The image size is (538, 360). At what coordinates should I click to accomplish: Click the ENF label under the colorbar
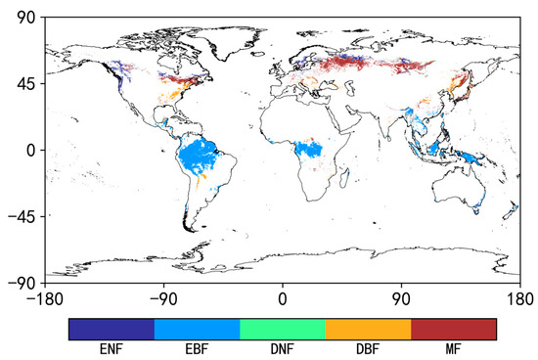pos(112,348)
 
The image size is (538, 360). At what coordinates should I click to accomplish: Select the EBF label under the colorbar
pos(197,348)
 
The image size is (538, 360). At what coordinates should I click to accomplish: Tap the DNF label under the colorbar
pos(283,348)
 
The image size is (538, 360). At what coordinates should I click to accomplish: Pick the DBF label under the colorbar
pos(368,348)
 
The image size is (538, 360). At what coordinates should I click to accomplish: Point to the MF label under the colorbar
pos(454,348)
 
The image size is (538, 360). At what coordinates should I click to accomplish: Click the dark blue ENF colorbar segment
pos(112,329)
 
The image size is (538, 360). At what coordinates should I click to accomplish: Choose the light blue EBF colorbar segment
pos(197,329)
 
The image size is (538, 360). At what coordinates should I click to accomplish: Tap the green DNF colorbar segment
pos(283,329)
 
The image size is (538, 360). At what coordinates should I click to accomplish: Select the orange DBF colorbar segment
pos(368,329)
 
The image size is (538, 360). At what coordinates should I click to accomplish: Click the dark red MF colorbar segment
pos(454,329)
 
